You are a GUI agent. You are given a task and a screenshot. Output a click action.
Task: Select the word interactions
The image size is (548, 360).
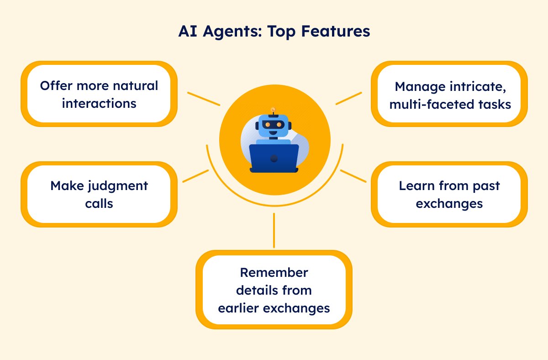[x=99, y=103]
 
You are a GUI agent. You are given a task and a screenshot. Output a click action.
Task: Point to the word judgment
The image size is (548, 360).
[x=118, y=186]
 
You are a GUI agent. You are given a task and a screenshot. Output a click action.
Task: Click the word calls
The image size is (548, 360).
[x=99, y=203]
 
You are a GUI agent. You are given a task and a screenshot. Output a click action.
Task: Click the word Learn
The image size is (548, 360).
[x=417, y=186]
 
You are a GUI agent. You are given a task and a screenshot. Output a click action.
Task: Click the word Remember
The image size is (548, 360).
[x=274, y=272]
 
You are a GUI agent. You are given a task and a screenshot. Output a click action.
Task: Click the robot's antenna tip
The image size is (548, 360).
[x=273, y=109]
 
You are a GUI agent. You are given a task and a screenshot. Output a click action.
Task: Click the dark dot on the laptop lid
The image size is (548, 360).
[x=274, y=159]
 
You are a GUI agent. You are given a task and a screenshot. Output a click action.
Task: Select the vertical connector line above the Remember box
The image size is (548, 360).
[x=274, y=231]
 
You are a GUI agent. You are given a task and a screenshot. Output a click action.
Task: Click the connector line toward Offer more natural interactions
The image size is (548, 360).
[x=204, y=99]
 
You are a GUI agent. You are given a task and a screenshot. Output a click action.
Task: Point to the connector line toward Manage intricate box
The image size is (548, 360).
[x=348, y=98]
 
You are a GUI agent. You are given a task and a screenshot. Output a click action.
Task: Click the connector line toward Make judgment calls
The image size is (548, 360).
[x=196, y=176]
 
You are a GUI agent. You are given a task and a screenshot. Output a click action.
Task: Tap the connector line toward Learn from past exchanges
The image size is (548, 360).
[x=353, y=176]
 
